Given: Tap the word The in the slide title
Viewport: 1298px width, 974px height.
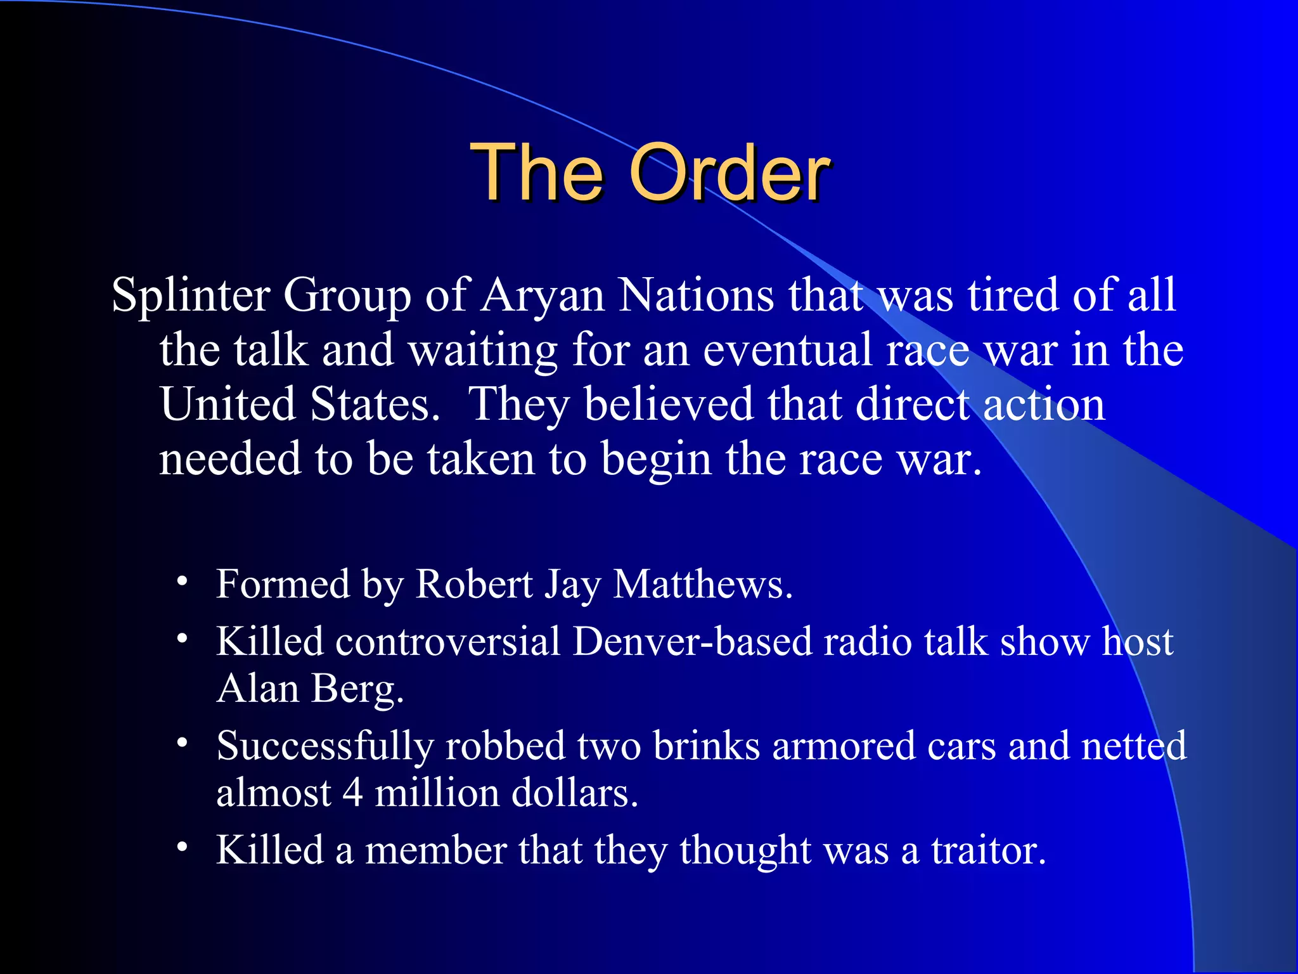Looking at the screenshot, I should click(x=537, y=172).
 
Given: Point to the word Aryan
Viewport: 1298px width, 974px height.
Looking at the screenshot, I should click(x=543, y=296).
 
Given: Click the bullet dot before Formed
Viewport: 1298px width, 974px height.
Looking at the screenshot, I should click(x=183, y=581).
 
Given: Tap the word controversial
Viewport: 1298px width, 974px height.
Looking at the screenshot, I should click(x=447, y=641).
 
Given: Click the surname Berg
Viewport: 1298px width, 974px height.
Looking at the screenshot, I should click(x=357, y=690).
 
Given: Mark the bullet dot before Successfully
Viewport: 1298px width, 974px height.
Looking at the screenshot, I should click(x=183, y=743).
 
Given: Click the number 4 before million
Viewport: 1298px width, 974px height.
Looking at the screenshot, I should click(x=353, y=793).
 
